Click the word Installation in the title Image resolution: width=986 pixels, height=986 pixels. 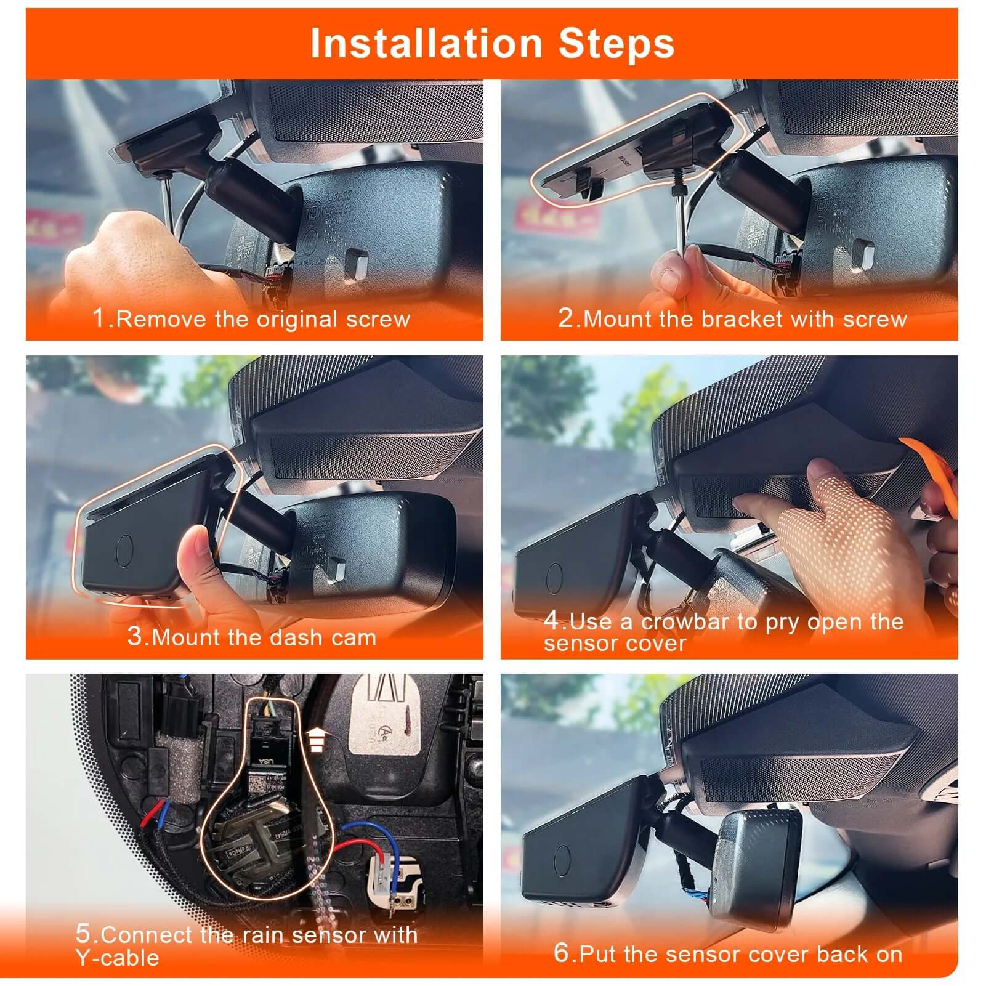click(x=426, y=43)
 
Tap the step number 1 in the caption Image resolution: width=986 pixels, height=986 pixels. click(x=99, y=318)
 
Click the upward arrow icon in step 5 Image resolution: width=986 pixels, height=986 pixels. click(x=316, y=739)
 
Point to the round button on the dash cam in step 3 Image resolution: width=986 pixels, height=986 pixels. click(x=125, y=549)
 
